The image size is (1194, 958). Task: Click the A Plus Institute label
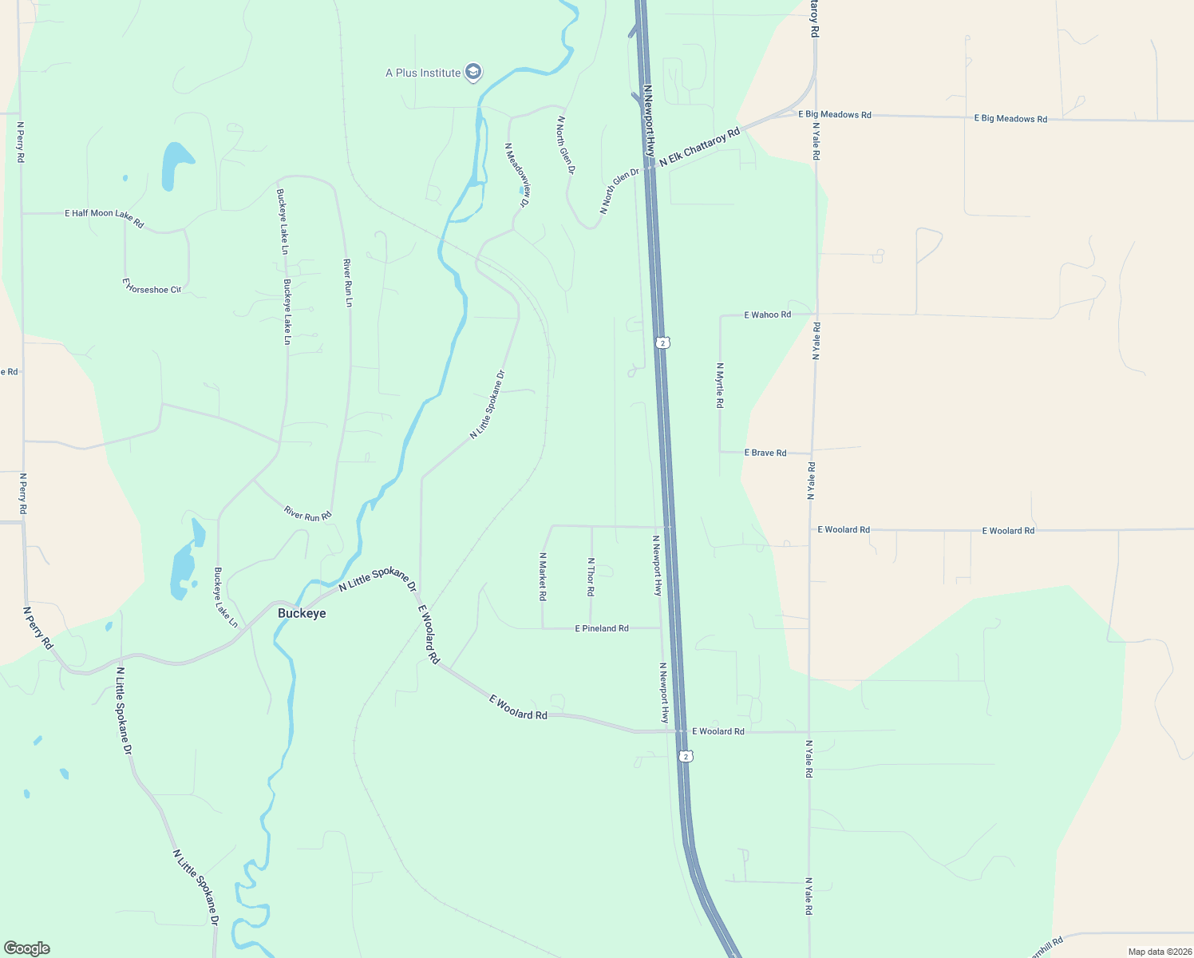[423, 73]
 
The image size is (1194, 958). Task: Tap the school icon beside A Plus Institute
[473, 73]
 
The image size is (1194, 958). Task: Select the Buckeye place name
[302, 613]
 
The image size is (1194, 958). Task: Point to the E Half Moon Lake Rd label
[104, 217]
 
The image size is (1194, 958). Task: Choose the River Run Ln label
[348, 283]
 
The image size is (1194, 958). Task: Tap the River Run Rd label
[307, 513]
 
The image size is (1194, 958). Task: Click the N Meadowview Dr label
[517, 175]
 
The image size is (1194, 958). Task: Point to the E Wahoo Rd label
[767, 315]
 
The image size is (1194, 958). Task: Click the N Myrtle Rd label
[720, 386]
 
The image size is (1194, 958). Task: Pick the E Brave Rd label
[765, 453]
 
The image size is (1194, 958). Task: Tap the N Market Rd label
[543, 576]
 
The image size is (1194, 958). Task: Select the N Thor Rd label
[591, 576]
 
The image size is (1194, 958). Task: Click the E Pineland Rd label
[602, 628]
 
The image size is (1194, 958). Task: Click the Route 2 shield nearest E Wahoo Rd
[663, 342]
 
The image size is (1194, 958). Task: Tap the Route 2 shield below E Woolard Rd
[686, 755]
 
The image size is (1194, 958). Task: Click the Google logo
[27, 948]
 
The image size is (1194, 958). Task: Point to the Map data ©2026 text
[1159, 952]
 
